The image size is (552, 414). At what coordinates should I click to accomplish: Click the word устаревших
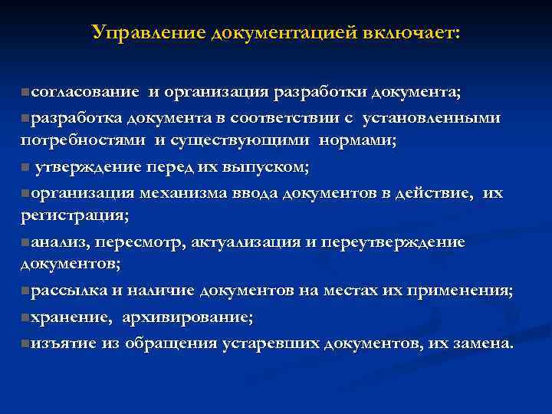271,342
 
